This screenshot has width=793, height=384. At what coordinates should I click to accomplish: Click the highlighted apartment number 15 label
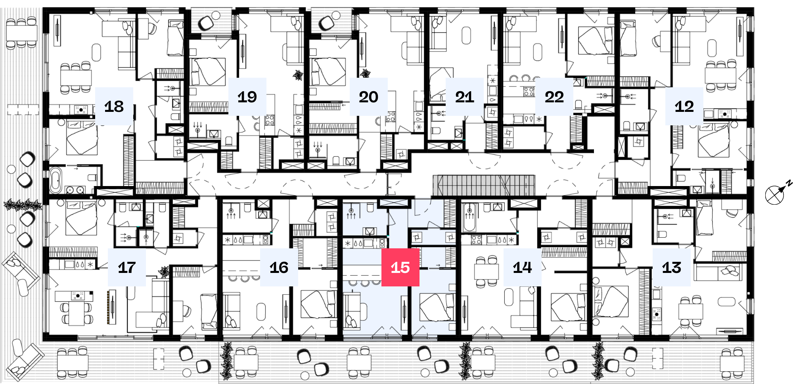[x=400, y=267]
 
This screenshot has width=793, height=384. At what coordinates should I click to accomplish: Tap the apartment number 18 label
[x=114, y=106]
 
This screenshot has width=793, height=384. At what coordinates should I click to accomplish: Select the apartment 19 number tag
[x=247, y=97]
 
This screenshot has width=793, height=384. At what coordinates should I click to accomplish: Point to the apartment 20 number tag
[x=369, y=97]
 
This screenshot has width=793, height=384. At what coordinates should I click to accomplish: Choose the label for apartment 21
[x=465, y=97]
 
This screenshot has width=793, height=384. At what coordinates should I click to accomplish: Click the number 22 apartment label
[x=554, y=97]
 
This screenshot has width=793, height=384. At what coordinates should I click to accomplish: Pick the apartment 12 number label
[x=684, y=106]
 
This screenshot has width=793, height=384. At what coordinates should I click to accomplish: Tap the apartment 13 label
[x=672, y=267]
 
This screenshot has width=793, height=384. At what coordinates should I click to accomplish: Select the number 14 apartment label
[x=523, y=267]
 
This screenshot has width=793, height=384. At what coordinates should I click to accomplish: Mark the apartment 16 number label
[x=279, y=267]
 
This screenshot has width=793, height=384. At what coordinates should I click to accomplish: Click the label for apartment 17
[x=127, y=267]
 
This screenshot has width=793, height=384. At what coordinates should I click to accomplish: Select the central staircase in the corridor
[x=484, y=185]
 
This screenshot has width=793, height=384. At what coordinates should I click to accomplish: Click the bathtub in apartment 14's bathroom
[x=469, y=218]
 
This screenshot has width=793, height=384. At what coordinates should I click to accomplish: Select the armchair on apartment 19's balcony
[x=206, y=23]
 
